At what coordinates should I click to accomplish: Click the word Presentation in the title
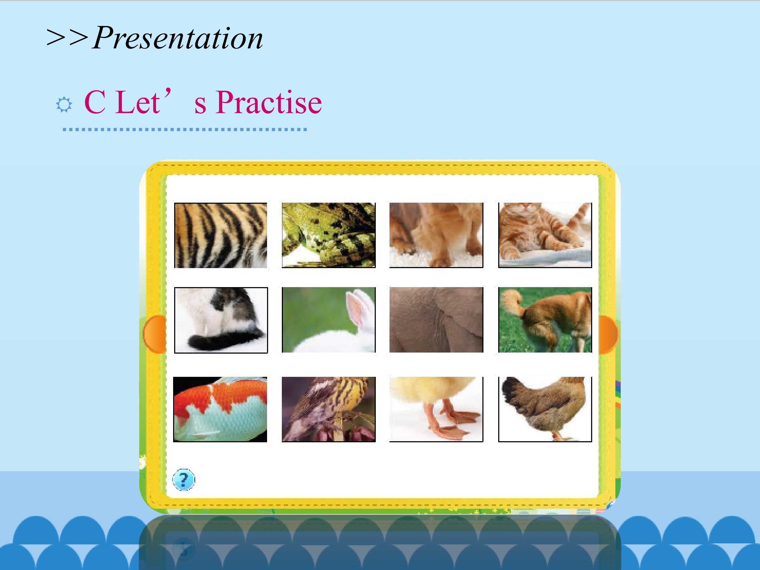click(178, 38)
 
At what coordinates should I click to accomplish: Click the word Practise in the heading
click(269, 102)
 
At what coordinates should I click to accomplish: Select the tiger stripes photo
click(221, 235)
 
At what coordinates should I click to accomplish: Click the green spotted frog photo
click(329, 235)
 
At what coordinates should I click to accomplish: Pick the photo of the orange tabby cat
click(545, 235)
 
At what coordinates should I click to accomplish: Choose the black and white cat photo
click(221, 320)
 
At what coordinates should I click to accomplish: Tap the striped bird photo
click(329, 409)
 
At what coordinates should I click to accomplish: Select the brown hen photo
click(545, 409)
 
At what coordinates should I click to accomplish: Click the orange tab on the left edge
click(155, 334)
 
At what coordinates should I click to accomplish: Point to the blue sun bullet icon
click(64, 104)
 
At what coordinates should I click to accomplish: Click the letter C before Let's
click(94, 102)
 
